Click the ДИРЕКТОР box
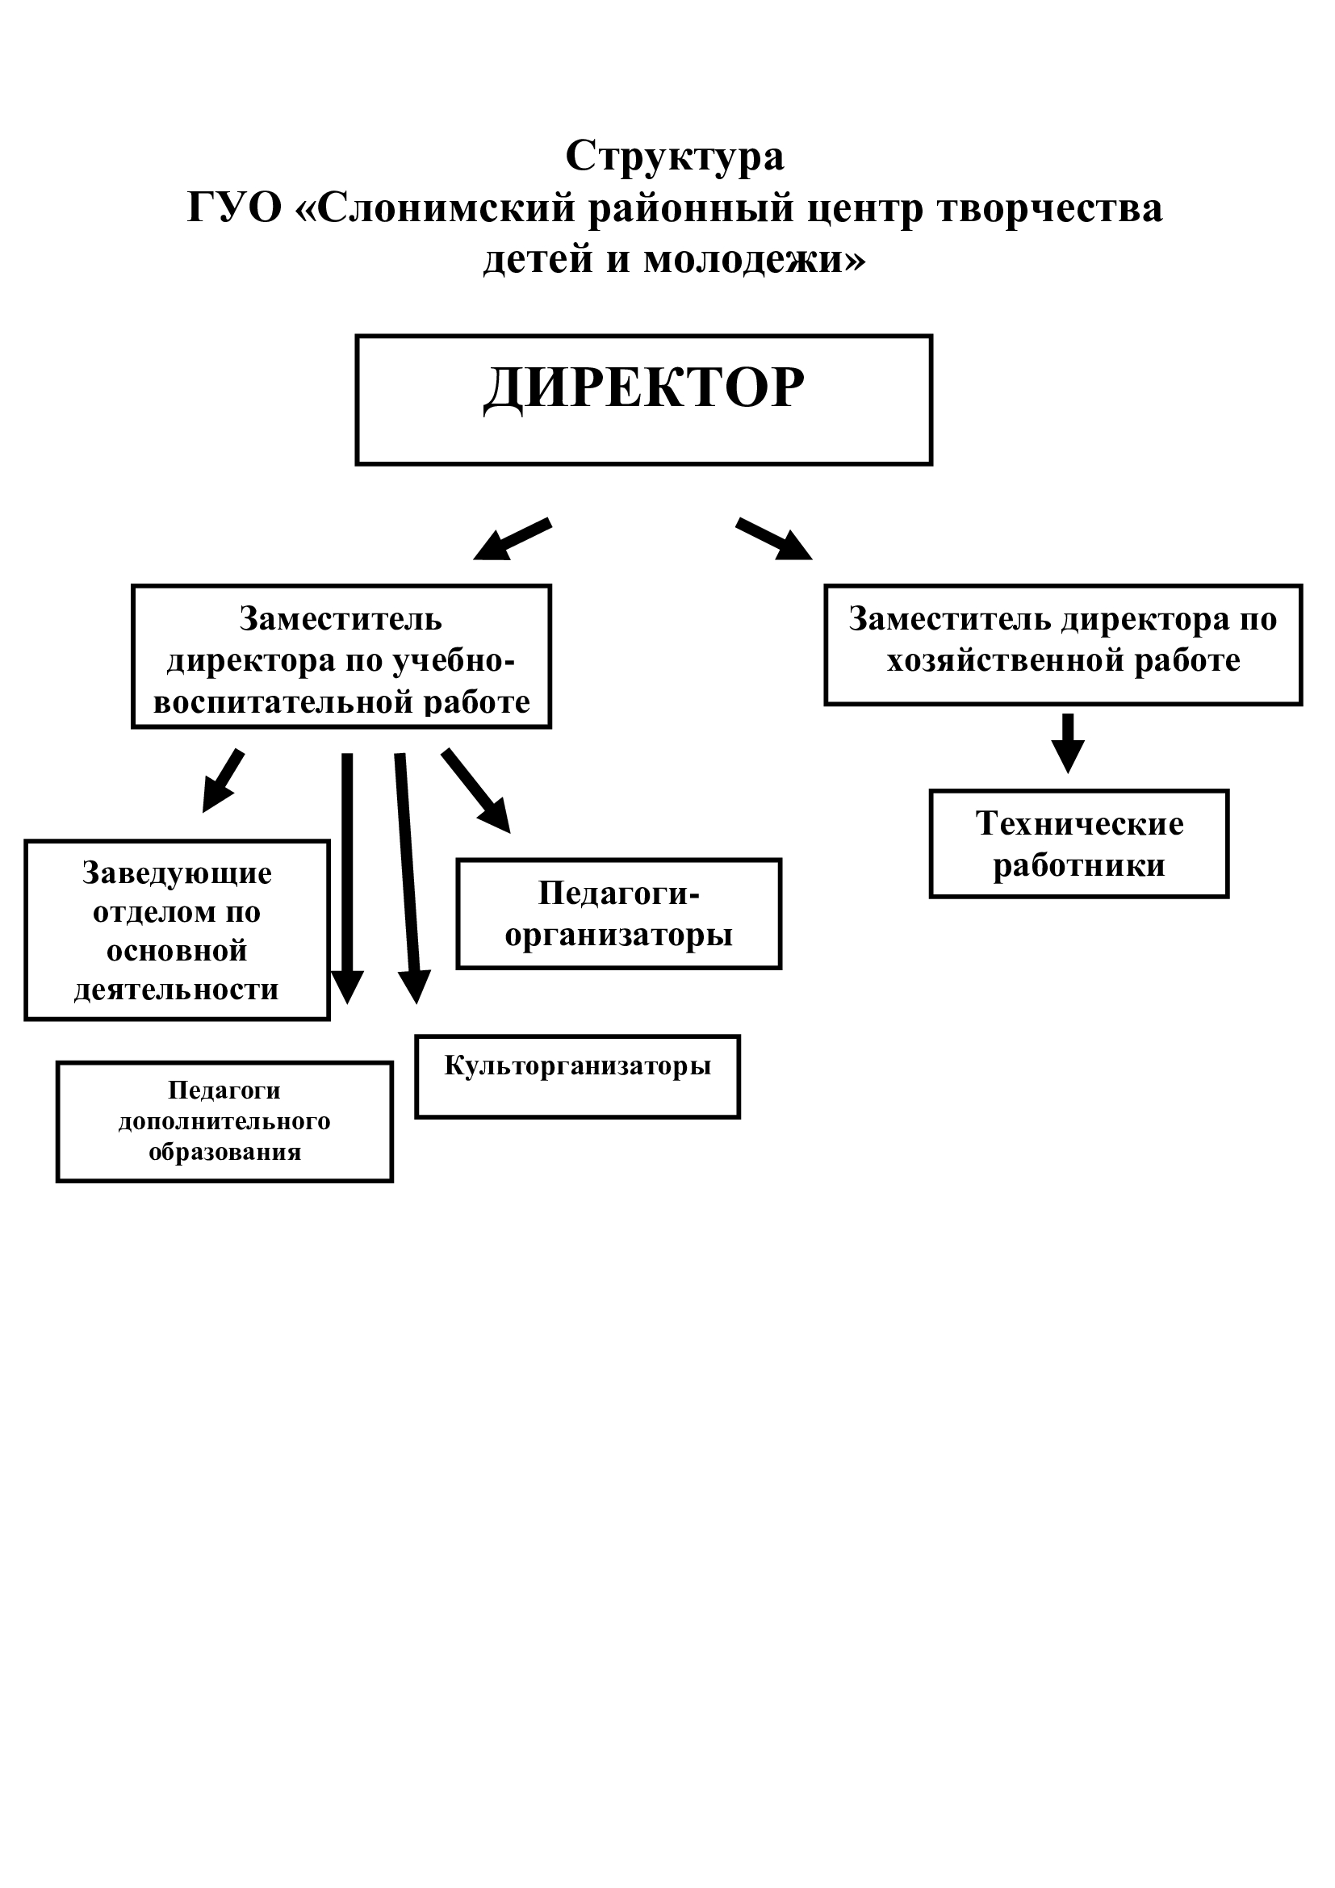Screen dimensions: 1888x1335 tap(643, 400)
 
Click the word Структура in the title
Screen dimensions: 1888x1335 tap(674, 156)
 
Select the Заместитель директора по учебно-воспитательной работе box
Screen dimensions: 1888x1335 tap(341, 656)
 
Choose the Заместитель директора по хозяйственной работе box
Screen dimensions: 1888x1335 tap(1063, 645)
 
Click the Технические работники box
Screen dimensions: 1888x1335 tap(1078, 844)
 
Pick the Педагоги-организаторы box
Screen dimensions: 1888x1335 tap(618, 914)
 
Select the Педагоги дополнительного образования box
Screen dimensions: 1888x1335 tap(224, 1122)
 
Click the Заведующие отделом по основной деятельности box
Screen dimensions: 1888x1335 tap(177, 930)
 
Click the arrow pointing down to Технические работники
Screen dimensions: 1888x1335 tap(1068, 742)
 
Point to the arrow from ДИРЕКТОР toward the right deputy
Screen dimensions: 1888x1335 tap(773, 539)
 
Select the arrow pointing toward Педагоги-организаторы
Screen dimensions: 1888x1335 tap(476, 790)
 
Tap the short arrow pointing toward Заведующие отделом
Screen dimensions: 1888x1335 tap(223, 780)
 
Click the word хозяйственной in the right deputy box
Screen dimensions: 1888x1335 tap(1005, 660)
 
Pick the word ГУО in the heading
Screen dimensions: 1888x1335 tap(234, 207)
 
